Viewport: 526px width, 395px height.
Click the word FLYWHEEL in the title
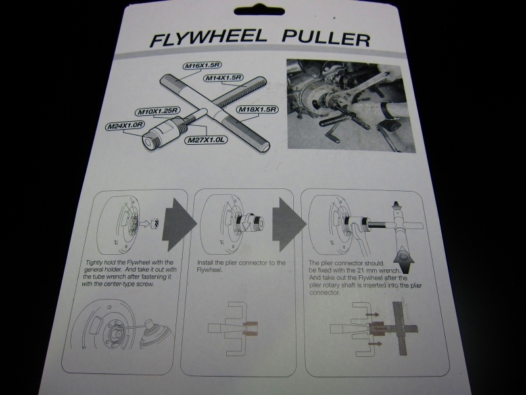[x=208, y=38]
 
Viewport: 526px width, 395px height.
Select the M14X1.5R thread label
[x=223, y=78]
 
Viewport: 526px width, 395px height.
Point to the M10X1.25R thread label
[x=158, y=111]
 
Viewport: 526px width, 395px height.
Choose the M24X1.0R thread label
[x=126, y=126]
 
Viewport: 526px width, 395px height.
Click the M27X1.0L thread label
[x=206, y=140]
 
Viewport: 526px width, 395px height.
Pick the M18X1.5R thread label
[x=257, y=109]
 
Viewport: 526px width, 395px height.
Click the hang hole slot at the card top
[x=259, y=11]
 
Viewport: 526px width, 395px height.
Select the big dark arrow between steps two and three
[x=289, y=224]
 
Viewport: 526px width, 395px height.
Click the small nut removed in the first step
[x=155, y=223]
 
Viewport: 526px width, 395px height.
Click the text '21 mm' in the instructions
[x=368, y=271]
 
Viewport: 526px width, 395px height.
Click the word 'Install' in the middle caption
[x=204, y=263]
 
